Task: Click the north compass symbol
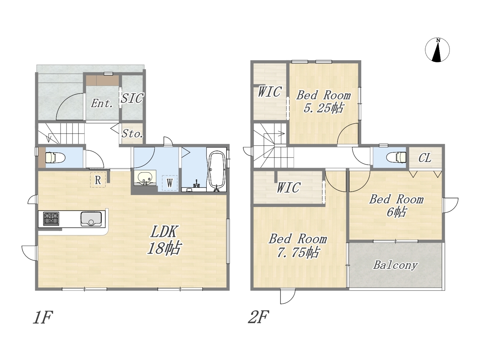(437, 50)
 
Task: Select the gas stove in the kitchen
(51, 219)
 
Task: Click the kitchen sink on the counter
(91, 219)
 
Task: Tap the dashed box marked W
(170, 183)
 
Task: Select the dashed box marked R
(98, 180)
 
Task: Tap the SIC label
(132, 98)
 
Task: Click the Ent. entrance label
(102, 103)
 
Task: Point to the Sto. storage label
(132, 133)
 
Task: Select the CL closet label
(425, 158)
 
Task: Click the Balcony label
(395, 265)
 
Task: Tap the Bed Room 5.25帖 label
(323, 102)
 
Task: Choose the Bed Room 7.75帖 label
(298, 246)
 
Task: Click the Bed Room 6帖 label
(396, 205)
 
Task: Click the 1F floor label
(43, 318)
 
